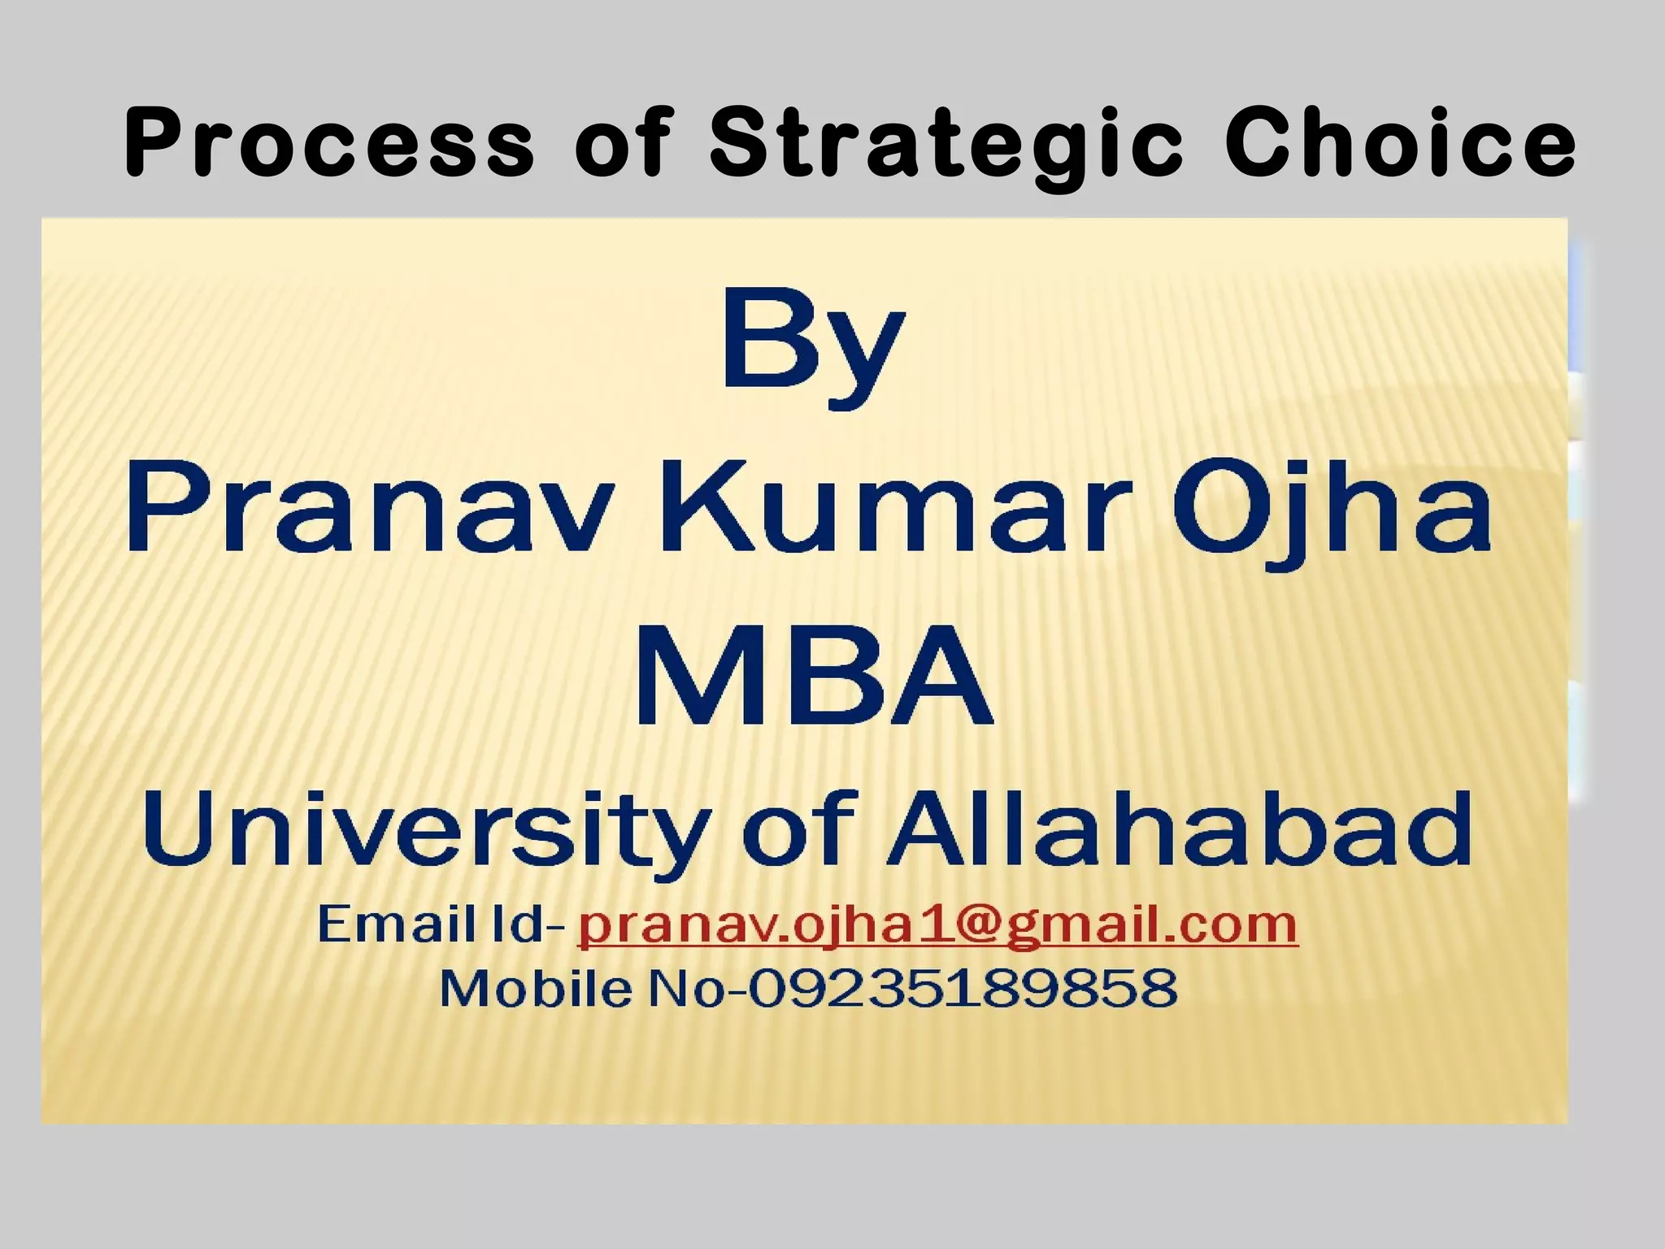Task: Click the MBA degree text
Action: coord(813,674)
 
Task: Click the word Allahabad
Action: coord(1179,829)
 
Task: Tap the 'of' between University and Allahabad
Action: coord(801,829)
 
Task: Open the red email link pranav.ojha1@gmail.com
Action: coord(937,926)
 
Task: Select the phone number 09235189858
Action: coord(963,988)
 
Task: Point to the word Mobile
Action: coord(536,988)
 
